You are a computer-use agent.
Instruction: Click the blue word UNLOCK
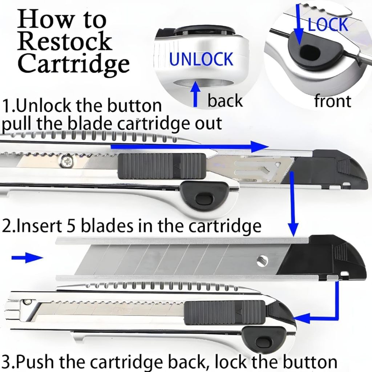[x=201, y=59]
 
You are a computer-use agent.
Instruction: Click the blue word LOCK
[x=328, y=24]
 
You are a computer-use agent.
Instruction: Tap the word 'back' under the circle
[x=225, y=100]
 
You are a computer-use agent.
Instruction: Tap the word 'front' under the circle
[x=332, y=101]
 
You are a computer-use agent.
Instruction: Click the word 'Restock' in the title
[x=64, y=41]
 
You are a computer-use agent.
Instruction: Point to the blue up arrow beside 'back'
[x=196, y=94]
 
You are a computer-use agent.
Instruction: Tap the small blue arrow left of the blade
[x=27, y=258]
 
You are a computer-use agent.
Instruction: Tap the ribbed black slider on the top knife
[x=160, y=166]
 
